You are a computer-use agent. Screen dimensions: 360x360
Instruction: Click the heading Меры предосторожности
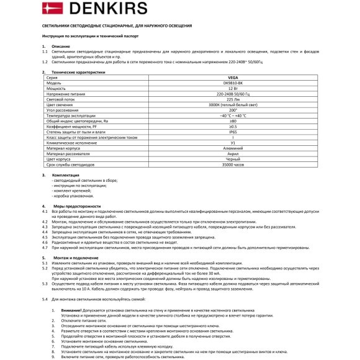point(80,205)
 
